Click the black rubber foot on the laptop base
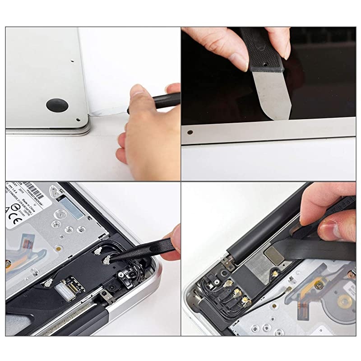tap(57, 105)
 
